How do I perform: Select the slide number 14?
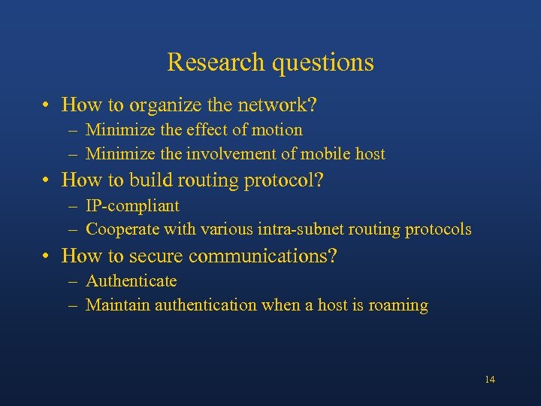pos(490,379)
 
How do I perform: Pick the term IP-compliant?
pos(132,205)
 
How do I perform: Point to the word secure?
pos(157,256)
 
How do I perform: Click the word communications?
pos(262,256)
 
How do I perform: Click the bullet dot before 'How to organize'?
pos(47,105)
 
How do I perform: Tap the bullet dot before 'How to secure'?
pos(47,256)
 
